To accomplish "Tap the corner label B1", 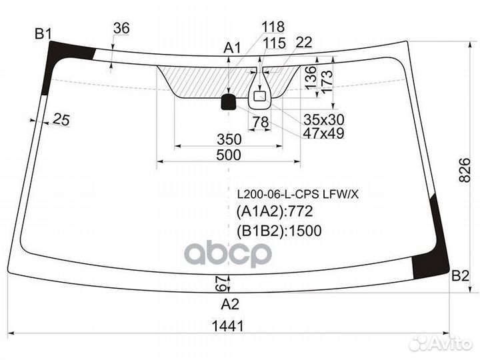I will click(44, 33).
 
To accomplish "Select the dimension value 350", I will click(228, 139).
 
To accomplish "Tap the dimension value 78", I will click(260, 122).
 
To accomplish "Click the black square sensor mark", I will click(229, 101).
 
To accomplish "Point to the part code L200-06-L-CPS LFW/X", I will click(297, 195).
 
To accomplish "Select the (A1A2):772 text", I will click(275, 213).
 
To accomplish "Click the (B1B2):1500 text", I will click(279, 231).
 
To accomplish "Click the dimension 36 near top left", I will click(121, 28).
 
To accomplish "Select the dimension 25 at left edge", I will click(61, 119).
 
